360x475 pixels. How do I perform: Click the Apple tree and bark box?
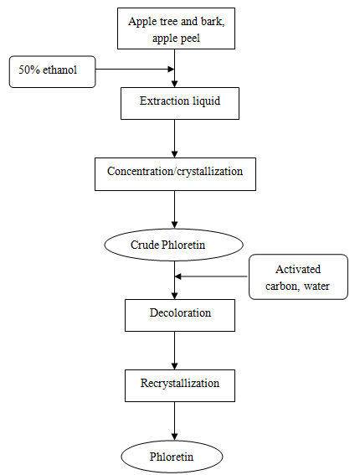[x=176, y=28]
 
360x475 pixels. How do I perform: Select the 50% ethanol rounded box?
[x=53, y=72]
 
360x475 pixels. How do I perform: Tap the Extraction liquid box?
[x=180, y=104]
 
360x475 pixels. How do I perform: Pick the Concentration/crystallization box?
[x=175, y=174]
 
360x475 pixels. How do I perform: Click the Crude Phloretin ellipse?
[x=174, y=245]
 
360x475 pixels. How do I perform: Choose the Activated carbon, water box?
[x=298, y=277]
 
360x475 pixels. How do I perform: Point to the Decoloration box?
[x=180, y=315]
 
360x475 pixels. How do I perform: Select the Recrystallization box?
[x=180, y=386]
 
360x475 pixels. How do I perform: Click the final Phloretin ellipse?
[x=172, y=457]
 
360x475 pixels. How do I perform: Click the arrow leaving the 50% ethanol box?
[x=135, y=69]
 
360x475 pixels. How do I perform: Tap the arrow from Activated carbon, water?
[x=211, y=276]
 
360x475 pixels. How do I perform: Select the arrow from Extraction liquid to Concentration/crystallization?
[x=175, y=139]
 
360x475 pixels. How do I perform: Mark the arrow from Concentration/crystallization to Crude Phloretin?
[x=175, y=209]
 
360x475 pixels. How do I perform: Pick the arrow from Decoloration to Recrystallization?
[x=175, y=350]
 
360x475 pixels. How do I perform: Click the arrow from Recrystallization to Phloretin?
[x=175, y=421]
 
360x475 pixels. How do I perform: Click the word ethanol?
[x=60, y=70]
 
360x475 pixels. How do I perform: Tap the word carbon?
[x=281, y=286]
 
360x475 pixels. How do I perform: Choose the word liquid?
[x=207, y=101]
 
